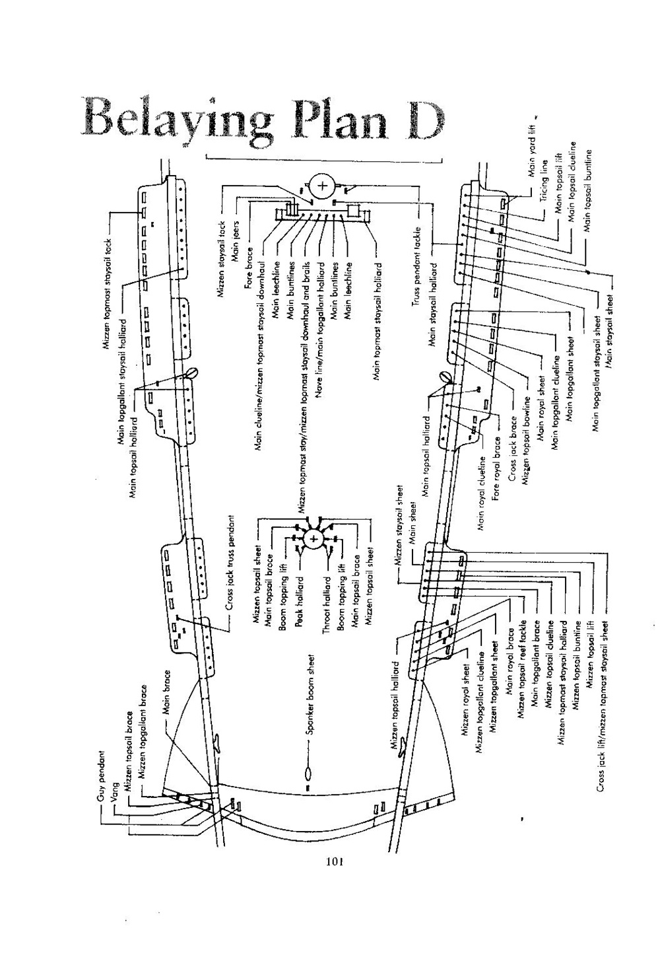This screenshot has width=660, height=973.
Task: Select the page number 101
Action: [x=336, y=861]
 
